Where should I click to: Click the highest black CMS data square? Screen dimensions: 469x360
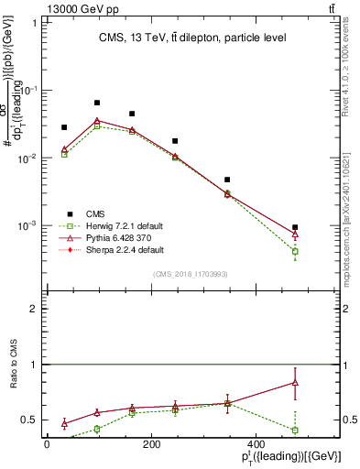[x=97, y=103]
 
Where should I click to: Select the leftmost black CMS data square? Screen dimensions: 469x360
[x=64, y=127]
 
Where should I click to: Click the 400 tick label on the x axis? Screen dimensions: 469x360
[x=291, y=444]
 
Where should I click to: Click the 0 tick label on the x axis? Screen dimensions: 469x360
[x=48, y=444]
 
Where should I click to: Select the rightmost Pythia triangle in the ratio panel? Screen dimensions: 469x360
[x=295, y=383]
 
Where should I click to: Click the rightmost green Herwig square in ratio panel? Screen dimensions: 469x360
[x=295, y=430]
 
